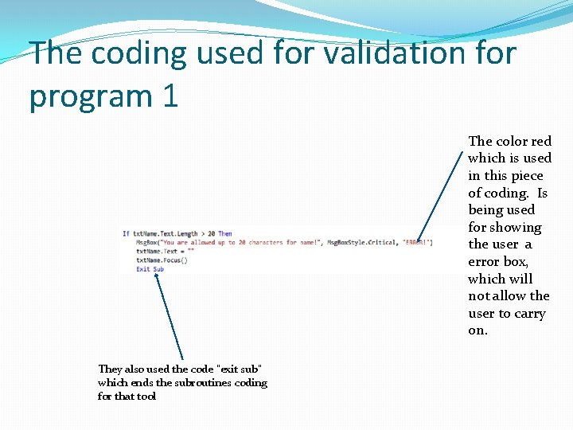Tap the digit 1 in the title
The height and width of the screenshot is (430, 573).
170,96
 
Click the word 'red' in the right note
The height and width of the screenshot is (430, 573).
541,141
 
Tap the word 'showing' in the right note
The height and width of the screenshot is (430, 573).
516,227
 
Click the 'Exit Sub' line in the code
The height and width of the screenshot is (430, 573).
150,269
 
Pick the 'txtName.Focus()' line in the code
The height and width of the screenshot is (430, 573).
162,260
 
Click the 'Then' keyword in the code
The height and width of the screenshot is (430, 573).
225,233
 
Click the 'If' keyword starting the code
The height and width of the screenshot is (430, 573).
126,233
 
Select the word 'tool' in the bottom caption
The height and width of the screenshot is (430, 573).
146,396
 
